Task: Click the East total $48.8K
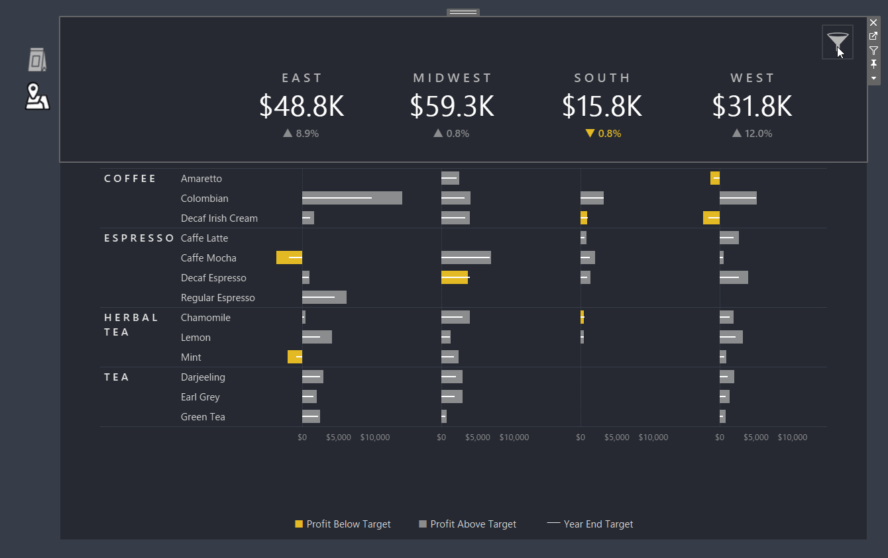pos(302,107)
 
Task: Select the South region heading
pos(602,78)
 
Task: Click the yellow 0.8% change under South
pos(603,133)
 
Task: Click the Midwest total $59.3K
pos(452,107)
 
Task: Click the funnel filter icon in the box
pos(837,42)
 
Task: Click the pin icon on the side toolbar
pos(873,64)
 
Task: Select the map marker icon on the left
pos(37,97)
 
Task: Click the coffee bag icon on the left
pos(37,60)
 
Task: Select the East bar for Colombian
pos(352,198)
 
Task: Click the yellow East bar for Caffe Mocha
pos(289,257)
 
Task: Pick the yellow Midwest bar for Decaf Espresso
pos(455,277)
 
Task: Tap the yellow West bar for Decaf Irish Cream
pos(711,218)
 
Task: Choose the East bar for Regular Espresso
pos(324,297)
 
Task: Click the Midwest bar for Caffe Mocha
pos(466,257)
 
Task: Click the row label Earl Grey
pos(200,397)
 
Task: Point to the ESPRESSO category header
pos(139,238)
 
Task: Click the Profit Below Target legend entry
pos(343,524)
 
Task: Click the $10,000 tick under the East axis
pos(375,438)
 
